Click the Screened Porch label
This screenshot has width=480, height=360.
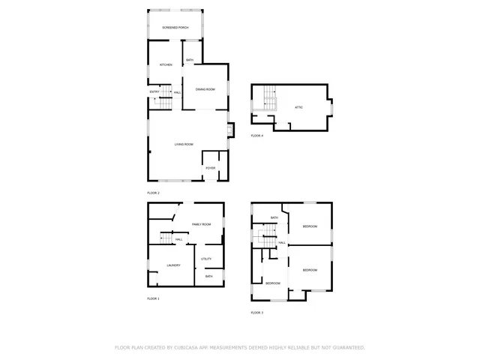175,28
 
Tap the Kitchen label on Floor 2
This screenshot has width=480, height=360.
166,65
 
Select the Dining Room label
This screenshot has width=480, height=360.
206,90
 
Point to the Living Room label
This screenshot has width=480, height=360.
184,144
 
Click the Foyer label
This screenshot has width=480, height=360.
211,168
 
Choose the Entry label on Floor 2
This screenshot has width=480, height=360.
154,91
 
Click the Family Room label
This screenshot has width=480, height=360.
201,224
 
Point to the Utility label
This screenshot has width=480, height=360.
206,259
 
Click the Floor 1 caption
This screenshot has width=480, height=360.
154,298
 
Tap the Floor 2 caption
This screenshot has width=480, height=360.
154,193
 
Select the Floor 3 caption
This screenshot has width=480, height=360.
257,312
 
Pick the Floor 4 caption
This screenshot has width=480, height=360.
257,136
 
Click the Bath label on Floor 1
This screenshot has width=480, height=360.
208,276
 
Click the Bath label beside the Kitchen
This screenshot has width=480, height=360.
190,60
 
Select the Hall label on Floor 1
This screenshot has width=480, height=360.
179,239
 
